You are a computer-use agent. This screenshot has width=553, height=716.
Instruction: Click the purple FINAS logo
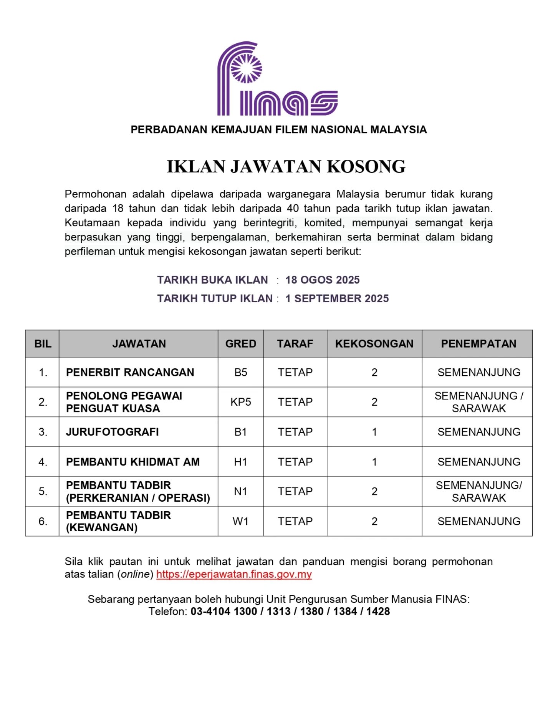click(277, 79)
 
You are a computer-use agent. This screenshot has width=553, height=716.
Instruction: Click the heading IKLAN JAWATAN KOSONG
click(286, 167)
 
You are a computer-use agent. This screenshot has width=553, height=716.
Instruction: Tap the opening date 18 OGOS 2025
click(322, 280)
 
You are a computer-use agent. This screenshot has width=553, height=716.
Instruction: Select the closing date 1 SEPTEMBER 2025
click(337, 298)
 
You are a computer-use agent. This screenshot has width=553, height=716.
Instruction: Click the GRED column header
click(240, 343)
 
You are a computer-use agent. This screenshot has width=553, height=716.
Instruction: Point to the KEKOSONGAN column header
click(374, 343)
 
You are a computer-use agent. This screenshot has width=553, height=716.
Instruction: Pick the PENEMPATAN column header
click(478, 343)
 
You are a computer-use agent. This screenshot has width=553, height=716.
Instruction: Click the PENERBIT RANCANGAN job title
click(130, 372)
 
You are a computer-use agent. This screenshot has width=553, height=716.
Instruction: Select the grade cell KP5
click(240, 402)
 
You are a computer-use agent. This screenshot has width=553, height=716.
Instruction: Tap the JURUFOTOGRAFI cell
click(112, 432)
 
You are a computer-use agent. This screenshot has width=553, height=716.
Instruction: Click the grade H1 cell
click(240, 462)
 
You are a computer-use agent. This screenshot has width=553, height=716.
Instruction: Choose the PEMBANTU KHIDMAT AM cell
click(132, 462)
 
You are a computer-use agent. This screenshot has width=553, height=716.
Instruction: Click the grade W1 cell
click(240, 521)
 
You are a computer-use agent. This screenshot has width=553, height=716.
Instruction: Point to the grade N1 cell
click(240, 491)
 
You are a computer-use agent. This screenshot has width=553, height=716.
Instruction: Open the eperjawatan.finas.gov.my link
click(234, 574)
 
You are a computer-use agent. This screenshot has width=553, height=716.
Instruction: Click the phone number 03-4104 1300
click(224, 611)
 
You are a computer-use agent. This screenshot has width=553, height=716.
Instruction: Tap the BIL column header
click(43, 343)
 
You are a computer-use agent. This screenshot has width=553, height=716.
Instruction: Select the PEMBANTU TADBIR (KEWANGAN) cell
click(118, 521)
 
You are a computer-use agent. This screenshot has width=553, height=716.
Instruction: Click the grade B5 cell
click(240, 372)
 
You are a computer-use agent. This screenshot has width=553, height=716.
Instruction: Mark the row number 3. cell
click(43, 432)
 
